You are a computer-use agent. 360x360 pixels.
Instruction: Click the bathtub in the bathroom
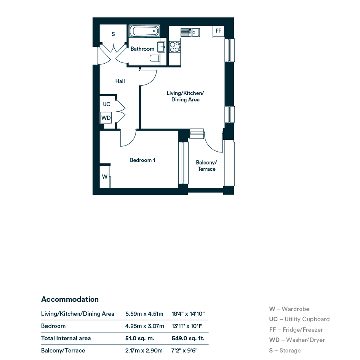(144, 31)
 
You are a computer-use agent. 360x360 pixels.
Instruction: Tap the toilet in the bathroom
(155, 58)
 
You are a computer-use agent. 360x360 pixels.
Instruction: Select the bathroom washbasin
(162, 47)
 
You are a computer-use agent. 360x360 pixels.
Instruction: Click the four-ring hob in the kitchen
(175, 46)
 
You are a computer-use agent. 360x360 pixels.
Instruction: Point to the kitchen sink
(190, 32)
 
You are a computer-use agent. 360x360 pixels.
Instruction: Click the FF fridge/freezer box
(218, 31)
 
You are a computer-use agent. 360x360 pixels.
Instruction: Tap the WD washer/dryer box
(106, 118)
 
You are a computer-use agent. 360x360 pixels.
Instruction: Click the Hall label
(120, 81)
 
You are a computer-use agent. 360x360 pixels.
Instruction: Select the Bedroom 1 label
(142, 160)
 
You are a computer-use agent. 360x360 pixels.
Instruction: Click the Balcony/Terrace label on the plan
(206, 166)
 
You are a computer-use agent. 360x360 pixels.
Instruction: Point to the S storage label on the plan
(113, 34)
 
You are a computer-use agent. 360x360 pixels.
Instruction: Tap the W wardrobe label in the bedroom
(105, 176)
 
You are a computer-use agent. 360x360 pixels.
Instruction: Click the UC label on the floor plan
(107, 104)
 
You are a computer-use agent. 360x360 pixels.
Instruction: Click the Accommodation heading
(70, 299)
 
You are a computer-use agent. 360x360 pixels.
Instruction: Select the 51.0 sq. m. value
(140, 338)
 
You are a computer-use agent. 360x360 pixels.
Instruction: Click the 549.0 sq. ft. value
(188, 338)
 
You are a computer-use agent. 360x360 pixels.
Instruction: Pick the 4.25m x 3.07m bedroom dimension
(145, 326)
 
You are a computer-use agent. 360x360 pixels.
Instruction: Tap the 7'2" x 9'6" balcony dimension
(185, 350)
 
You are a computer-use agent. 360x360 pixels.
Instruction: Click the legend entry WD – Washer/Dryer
(297, 340)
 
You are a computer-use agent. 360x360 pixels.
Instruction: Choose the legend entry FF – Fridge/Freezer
(296, 330)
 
